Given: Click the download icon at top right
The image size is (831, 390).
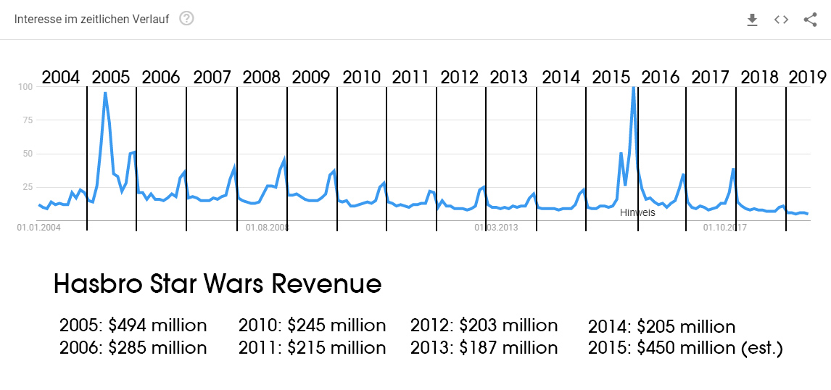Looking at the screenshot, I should pyautogui.click(x=752, y=20).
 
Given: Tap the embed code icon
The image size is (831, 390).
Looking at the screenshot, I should pyautogui.click(x=781, y=20).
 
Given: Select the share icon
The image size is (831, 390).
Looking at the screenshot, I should pyautogui.click(x=810, y=20).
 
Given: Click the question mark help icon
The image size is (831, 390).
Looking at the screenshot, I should pyautogui.click(x=186, y=19).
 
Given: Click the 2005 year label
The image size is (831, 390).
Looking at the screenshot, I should pyautogui.click(x=111, y=77).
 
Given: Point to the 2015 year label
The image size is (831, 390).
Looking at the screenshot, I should pyautogui.click(x=611, y=77).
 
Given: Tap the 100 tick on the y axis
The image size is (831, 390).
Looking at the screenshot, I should pyautogui.click(x=25, y=87).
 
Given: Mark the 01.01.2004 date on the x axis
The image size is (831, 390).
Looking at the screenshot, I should pyautogui.click(x=38, y=228).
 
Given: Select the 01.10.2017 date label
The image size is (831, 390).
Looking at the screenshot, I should pyautogui.click(x=725, y=228).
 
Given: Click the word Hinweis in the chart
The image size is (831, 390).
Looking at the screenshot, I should pyautogui.click(x=637, y=212).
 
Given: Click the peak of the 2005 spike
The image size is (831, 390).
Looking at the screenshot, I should pyautogui.click(x=105, y=93).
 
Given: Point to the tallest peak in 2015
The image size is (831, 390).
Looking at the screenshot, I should pyautogui.click(x=634, y=88).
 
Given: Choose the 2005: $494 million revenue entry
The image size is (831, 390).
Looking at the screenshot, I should pyautogui.click(x=133, y=325).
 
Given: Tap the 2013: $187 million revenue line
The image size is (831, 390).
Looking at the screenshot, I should pyautogui.click(x=484, y=348).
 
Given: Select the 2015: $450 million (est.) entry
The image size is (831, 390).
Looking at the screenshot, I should pyautogui.click(x=685, y=348).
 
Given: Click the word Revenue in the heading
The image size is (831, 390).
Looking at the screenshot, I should pyautogui.click(x=326, y=284).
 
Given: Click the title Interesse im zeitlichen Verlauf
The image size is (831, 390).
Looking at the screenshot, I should pyautogui.click(x=91, y=20).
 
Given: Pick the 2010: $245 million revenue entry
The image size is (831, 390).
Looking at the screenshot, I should pyautogui.click(x=312, y=325).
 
